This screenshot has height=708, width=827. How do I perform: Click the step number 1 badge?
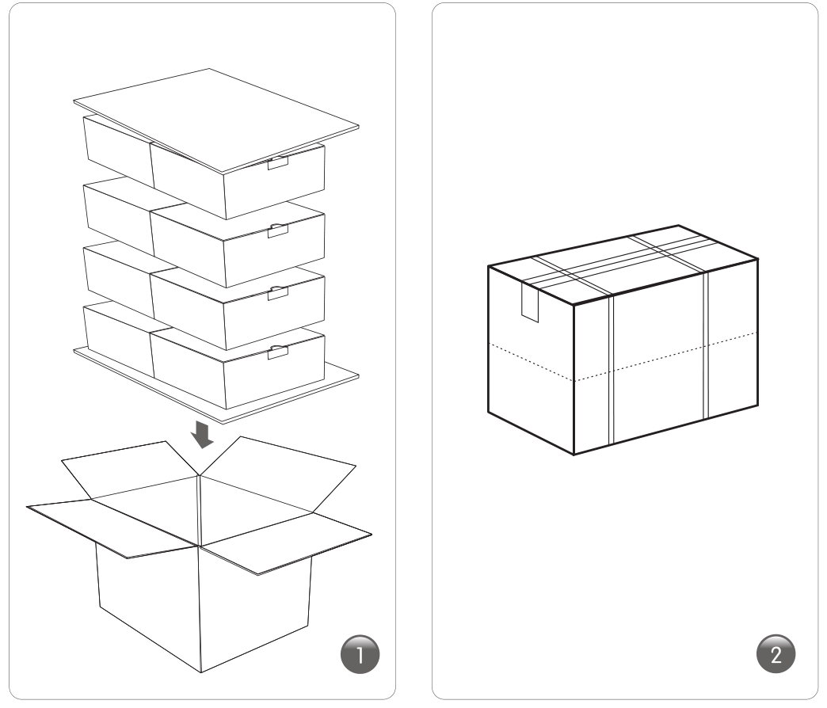(360, 654)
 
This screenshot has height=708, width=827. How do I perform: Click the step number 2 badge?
(776, 654)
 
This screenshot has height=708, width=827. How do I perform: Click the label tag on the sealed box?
(530, 302)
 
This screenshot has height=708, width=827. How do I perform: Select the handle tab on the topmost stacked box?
(278, 162)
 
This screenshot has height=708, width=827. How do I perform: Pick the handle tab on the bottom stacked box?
(278, 352)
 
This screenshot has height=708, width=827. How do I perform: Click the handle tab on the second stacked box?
(278, 230)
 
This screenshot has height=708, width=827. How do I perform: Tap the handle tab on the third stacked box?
(278, 292)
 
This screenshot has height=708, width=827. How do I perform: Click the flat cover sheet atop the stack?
(216, 120)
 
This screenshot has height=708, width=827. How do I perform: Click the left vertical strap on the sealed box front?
(612, 370)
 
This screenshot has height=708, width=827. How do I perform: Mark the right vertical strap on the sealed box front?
(707, 345)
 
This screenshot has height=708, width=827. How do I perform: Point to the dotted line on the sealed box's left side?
(531, 362)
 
